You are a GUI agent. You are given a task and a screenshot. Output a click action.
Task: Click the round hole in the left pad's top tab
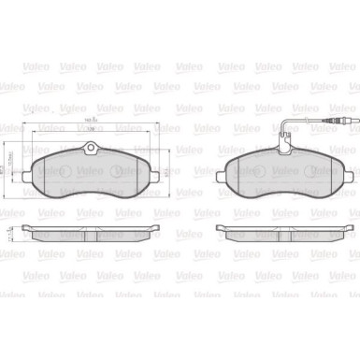[90, 149]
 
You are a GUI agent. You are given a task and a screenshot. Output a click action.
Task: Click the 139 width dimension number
[90, 133]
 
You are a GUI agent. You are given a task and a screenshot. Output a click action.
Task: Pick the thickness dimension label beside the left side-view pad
[12, 231]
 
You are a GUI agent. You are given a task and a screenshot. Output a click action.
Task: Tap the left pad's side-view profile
[90, 233]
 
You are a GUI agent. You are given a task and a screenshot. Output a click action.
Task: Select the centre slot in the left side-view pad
[90, 234]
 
